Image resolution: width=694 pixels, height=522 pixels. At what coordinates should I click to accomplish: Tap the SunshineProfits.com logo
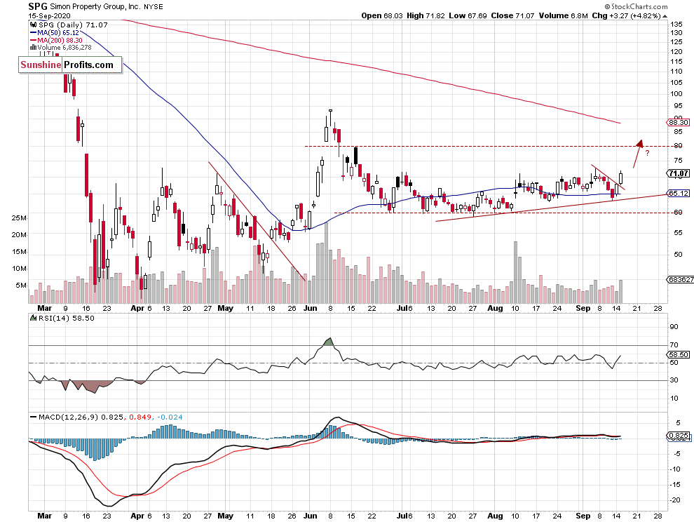[67, 65]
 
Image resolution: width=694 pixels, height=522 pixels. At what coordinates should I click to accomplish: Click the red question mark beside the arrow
[647, 152]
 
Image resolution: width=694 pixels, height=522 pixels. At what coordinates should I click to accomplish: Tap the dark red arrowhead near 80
[639, 143]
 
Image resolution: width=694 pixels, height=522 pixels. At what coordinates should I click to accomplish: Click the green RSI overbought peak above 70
[329, 342]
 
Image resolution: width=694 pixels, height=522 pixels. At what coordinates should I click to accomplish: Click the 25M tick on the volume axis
[19, 218]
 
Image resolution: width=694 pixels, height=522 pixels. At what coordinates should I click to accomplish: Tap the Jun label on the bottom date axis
[307, 308]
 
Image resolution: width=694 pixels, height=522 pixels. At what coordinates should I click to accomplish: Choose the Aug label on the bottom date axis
[496, 308]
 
